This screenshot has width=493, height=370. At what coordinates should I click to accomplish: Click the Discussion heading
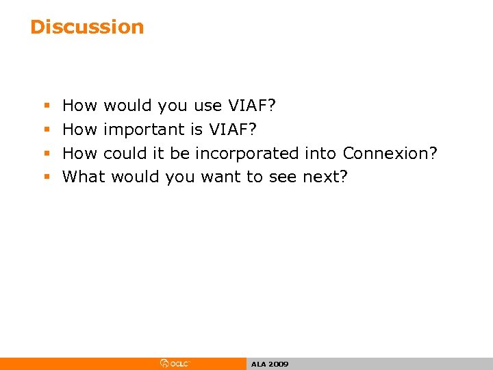click(x=87, y=27)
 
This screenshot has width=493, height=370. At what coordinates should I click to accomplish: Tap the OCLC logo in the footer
click(x=175, y=364)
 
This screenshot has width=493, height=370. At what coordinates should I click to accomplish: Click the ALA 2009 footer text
click(x=270, y=364)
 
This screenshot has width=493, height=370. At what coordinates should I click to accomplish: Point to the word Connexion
click(x=390, y=153)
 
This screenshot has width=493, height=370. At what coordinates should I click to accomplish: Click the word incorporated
click(x=247, y=153)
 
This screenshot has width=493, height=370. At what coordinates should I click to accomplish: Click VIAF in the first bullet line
click(x=251, y=106)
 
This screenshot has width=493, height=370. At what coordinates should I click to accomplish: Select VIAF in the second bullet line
click(x=233, y=129)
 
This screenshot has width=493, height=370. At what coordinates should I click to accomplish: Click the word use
click(x=208, y=106)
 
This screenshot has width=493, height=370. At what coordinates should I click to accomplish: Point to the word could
click(x=124, y=153)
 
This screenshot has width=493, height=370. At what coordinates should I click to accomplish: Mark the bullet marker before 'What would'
click(x=47, y=177)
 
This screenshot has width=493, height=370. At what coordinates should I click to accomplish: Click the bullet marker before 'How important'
click(x=47, y=129)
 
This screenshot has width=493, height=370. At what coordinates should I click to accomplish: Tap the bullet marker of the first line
click(x=47, y=106)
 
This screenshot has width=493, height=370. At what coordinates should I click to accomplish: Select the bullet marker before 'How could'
click(x=47, y=153)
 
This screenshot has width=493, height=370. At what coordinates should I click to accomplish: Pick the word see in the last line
click(x=283, y=177)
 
